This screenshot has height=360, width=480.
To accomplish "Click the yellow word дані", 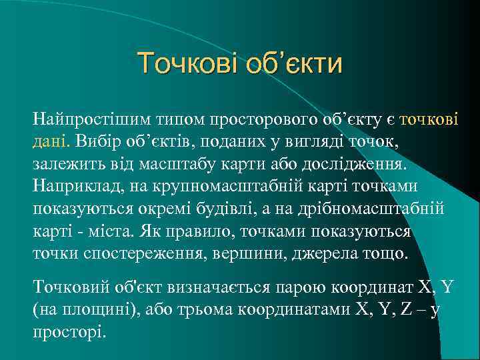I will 49,142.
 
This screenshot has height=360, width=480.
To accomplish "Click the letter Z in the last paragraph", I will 405,310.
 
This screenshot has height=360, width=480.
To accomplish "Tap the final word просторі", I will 68,332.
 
